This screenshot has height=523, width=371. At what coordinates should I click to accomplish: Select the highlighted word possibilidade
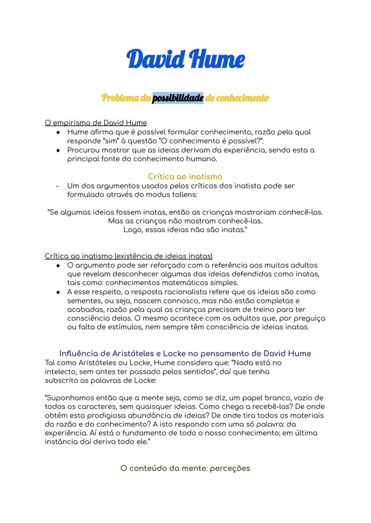[x=178, y=98]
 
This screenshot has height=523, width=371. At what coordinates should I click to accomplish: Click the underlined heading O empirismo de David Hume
[x=96, y=123]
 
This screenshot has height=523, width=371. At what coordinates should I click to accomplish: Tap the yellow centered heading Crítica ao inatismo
[x=185, y=176]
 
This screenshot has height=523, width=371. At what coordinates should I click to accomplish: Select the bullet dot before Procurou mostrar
[x=58, y=150]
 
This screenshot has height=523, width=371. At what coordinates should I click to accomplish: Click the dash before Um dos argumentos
[x=57, y=186]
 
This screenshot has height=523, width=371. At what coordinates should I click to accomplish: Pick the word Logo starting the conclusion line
[x=132, y=230]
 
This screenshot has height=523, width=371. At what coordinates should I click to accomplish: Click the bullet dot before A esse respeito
[x=58, y=292]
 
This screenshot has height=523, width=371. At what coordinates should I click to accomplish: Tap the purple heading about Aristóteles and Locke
[x=185, y=353]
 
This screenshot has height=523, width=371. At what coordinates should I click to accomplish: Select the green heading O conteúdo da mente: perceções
[x=185, y=468]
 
